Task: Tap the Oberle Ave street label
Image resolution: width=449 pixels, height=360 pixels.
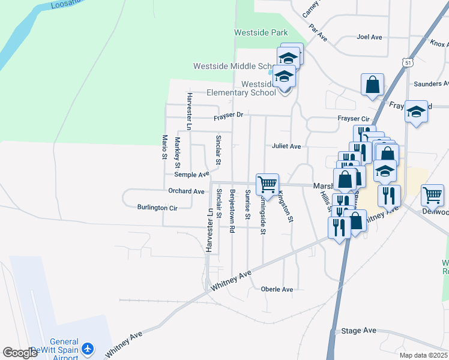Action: click(277, 289)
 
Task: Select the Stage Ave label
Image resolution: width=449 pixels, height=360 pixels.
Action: click(358, 331)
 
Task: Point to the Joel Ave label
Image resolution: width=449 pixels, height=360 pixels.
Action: click(369, 37)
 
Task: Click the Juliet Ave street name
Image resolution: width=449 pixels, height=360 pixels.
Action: click(286, 146)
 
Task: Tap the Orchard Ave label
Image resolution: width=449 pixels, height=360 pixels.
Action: click(186, 191)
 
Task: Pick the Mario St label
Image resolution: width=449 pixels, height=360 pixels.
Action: click(164, 148)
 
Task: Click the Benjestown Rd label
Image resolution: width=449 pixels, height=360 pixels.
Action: click(232, 206)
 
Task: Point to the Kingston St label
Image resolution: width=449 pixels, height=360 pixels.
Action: click(285, 206)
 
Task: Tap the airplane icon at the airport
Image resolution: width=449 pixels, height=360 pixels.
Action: click(88, 349)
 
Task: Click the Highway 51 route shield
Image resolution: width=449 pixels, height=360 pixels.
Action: click(408, 62)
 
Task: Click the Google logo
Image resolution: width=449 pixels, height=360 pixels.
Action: click(20, 353)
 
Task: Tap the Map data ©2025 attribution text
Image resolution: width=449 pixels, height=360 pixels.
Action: click(423, 355)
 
